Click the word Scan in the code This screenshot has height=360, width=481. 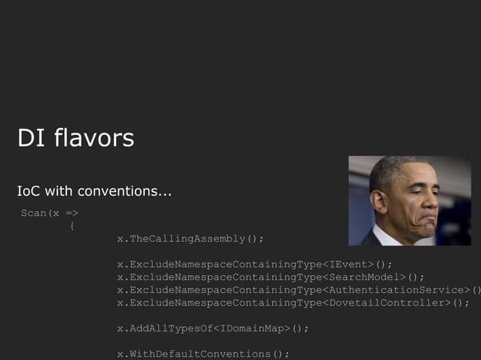33,213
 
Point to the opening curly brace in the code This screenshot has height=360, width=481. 72,226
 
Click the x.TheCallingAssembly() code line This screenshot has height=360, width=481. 190,239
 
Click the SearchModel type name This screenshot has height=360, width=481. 365,277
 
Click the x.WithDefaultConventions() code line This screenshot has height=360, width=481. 203,354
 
